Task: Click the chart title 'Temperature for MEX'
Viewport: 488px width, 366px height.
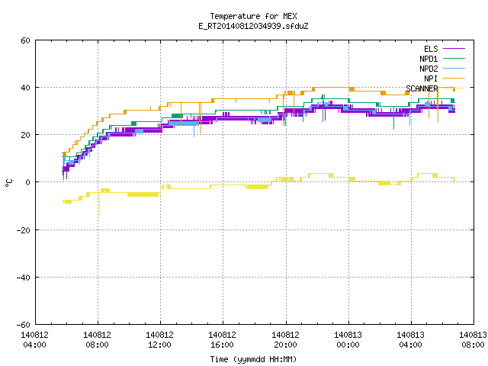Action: (x=253, y=16)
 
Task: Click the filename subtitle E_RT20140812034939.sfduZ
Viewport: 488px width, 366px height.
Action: (x=253, y=26)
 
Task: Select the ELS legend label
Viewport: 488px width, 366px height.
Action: (x=431, y=49)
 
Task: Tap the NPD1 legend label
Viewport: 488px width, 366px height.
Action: (x=429, y=59)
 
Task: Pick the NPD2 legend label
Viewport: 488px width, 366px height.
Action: (x=429, y=69)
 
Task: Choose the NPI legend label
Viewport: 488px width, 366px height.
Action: (x=431, y=79)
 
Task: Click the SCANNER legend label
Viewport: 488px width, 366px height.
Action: (x=422, y=88)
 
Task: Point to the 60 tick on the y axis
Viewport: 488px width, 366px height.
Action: (x=25, y=40)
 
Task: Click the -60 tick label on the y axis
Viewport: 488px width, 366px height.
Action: (x=23, y=325)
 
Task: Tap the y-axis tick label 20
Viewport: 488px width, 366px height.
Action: (x=25, y=135)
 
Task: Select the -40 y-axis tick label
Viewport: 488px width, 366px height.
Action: (x=23, y=278)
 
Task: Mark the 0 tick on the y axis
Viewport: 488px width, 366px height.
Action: (x=28, y=182)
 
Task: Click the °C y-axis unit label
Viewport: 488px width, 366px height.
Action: (x=8, y=183)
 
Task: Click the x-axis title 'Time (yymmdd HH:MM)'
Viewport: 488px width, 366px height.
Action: (x=253, y=359)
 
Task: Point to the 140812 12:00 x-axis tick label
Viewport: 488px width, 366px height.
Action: (x=159, y=340)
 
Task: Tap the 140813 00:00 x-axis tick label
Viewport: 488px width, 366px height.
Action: (x=348, y=340)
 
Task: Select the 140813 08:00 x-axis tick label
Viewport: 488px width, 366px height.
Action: (x=473, y=340)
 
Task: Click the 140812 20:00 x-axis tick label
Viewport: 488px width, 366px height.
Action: (x=285, y=340)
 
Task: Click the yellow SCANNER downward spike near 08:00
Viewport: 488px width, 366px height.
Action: (x=99, y=204)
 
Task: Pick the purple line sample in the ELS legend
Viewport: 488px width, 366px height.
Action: (x=454, y=49)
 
